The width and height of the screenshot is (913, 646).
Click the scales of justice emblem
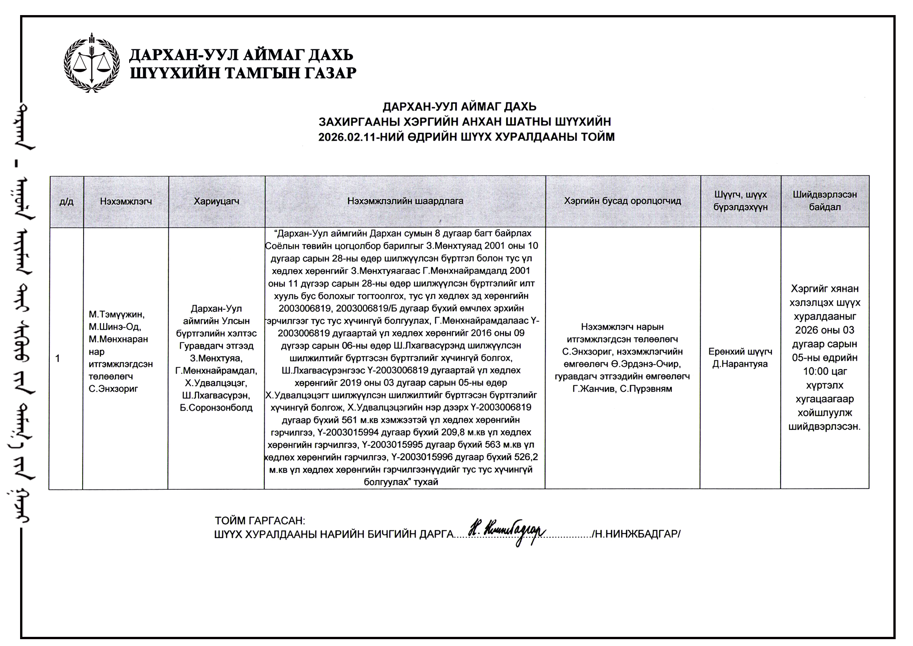91,63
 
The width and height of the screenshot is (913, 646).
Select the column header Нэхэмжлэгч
126,201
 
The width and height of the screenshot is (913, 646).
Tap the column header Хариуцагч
216,201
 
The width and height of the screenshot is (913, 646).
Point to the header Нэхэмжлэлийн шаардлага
405,201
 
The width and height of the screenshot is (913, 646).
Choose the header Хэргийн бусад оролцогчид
623,201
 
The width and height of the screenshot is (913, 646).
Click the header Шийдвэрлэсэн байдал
825,201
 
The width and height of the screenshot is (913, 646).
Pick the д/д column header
66,201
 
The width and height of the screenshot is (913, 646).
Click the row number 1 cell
58,359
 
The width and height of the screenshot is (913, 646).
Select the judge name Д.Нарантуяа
740,364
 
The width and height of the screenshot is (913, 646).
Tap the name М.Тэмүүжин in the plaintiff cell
117,314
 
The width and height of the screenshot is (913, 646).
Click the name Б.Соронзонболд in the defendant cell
216,408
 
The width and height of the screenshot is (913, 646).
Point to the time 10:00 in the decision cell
816,371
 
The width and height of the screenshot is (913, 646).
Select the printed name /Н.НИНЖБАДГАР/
636,534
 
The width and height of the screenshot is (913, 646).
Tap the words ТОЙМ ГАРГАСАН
260,521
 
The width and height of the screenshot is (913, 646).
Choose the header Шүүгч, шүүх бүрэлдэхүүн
740,201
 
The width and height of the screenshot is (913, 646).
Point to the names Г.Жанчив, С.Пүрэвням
622,389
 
